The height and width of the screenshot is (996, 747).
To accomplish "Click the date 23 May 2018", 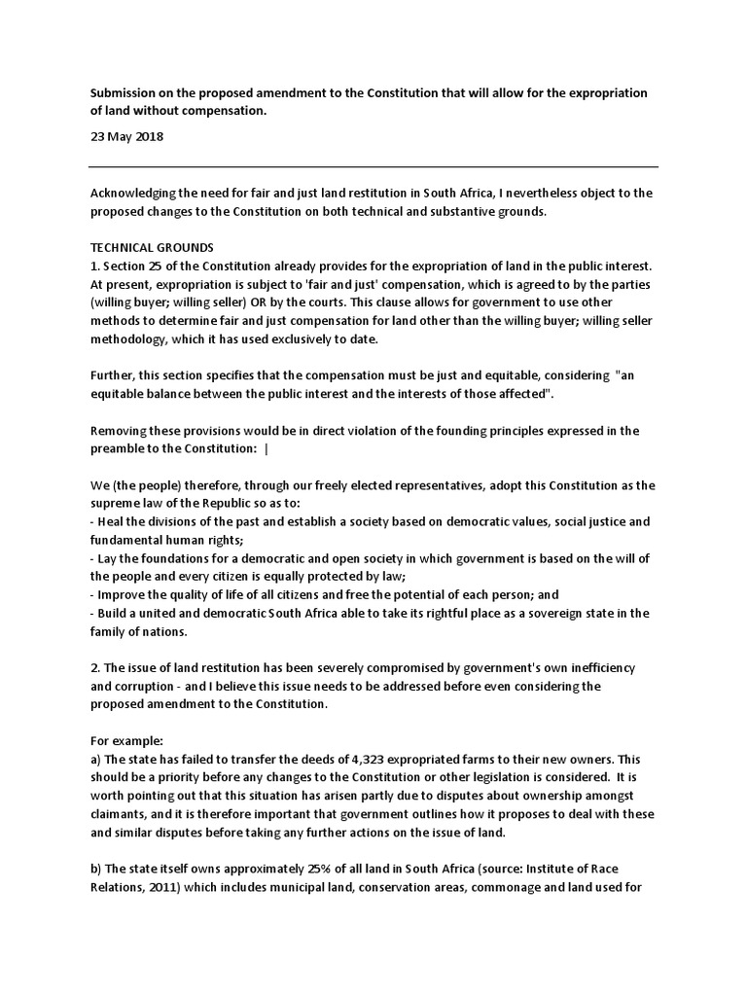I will tap(126, 137).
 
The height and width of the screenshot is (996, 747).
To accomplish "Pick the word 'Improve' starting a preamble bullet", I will tap(124, 595).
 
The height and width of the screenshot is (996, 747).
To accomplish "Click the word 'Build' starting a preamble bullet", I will tap(114, 614).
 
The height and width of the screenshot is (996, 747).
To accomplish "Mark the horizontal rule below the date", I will tap(373, 166).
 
